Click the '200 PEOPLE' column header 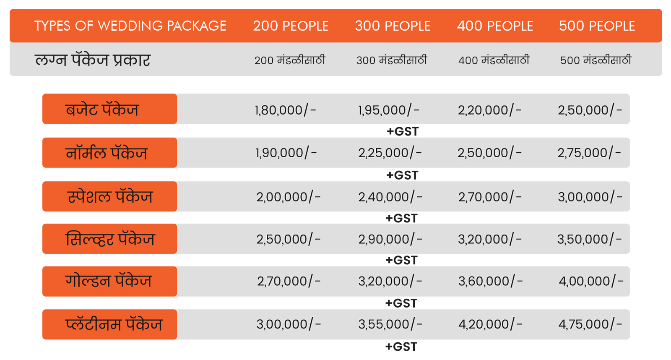tap(291, 26)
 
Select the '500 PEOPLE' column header tap(597, 26)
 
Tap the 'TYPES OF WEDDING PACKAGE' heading tap(130, 26)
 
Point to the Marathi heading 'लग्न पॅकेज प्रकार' tap(93, 60)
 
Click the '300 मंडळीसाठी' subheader tap(392, 60)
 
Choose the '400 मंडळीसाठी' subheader tap(494, 60)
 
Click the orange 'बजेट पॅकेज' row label tap(109, 109)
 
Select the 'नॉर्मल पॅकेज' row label tap(109, 153)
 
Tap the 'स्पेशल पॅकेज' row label tap(109, 196)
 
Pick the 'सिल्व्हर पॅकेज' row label tap(109, 239)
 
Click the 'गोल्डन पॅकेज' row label tap(109, 281)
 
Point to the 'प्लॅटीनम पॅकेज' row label tap(109, 324)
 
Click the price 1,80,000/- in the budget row tap(286, 110)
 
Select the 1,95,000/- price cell tap(388, 110)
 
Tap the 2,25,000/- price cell tap(390, 153)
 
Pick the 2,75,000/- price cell tap(589, 153)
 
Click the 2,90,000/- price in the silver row tap(390, 239)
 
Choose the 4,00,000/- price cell tap(590, 281)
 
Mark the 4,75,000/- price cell tap(590, 324)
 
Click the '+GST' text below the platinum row tap(401, 347)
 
